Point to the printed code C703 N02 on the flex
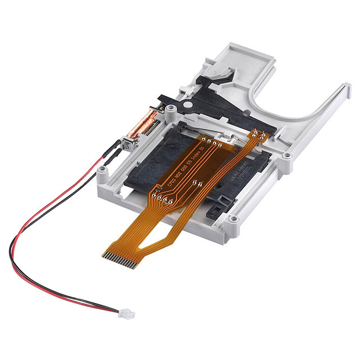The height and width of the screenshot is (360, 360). (x=169, y=178)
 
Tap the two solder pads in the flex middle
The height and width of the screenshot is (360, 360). (x=195, y=182)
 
